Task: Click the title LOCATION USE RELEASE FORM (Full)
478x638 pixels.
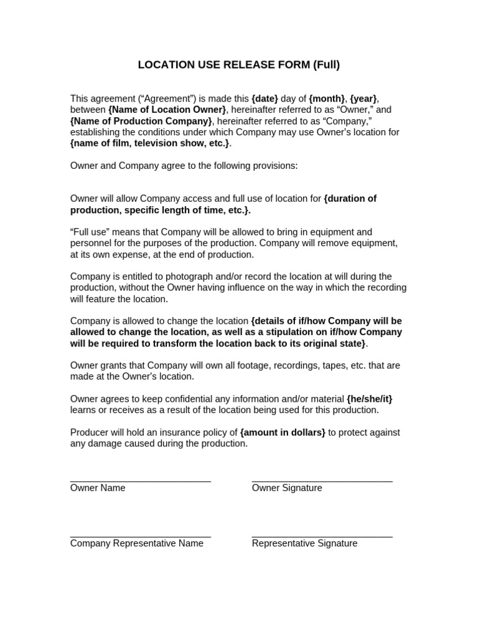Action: [x=239, y=65]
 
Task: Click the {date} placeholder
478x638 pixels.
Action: [x=265, y=98]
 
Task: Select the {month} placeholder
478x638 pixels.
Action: [x=327, y=98]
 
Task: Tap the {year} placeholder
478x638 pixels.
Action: [x=363, y=98]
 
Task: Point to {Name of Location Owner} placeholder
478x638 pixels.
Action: [x=167, y=110]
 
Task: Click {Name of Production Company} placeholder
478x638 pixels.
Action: [x=141, y=121]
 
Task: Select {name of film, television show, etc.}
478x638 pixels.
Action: [x=150, y=143]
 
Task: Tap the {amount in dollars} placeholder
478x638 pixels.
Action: [x=283, y=432]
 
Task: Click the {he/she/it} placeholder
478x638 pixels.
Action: [x=370, y=399]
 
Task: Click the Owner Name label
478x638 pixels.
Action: [x=98, y=488]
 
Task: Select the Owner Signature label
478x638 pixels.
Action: [x=287, y=488]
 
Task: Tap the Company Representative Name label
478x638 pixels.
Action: [x=137, y=543]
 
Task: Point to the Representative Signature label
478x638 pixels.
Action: [x=304, y=543]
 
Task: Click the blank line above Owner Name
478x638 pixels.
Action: [x=141, y=481]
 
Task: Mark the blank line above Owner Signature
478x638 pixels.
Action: [x=322, y=481]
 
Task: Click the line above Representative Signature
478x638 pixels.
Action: [x=322, y=536]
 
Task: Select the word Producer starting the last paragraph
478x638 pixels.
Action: [x=90, y=432]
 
